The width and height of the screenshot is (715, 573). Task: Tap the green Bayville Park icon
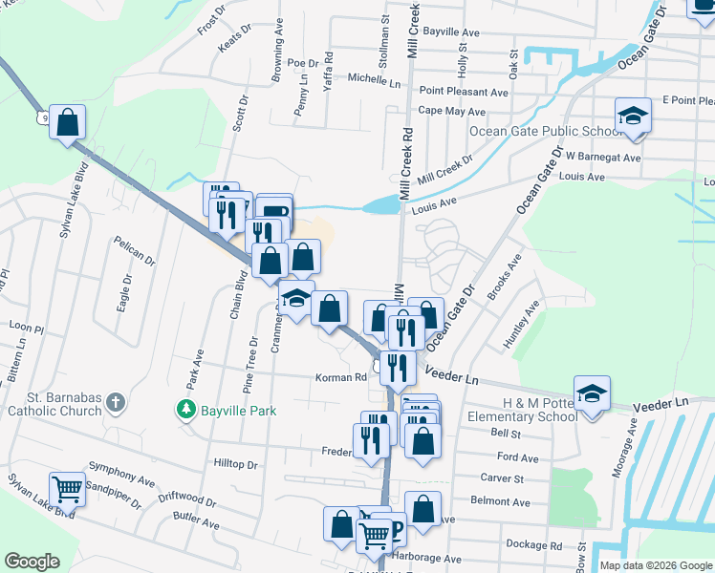(184, 410)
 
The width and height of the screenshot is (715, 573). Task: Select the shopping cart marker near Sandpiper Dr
(67, 489)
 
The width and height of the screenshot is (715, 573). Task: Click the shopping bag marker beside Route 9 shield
(67, 123)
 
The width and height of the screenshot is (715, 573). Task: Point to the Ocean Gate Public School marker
(633, 116)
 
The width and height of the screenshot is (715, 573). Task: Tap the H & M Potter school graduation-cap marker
(592, 393)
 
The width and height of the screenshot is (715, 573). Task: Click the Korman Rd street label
(341, 377)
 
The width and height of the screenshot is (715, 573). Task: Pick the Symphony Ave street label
(121, 473)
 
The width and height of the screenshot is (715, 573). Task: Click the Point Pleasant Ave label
(464, 92)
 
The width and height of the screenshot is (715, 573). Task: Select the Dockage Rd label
(534, 545)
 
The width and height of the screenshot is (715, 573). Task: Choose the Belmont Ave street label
(500, 501)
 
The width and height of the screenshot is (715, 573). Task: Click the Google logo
(32, 562)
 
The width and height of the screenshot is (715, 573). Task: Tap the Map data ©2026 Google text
(655, 565)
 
